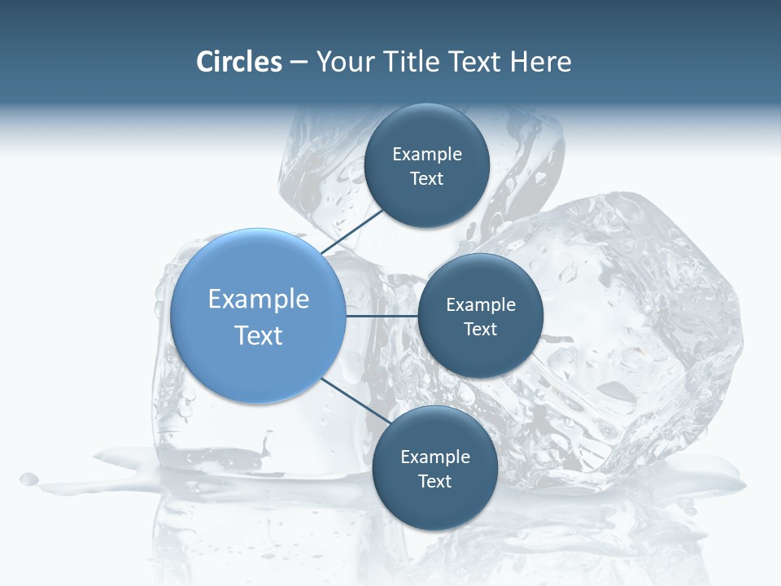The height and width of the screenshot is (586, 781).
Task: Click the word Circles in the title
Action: [239, 62]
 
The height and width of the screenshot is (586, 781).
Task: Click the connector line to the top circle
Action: [351, 230]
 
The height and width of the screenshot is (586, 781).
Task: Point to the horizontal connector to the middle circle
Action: [382, 316]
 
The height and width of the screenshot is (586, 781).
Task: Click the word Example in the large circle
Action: [259, 300]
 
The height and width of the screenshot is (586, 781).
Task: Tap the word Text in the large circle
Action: [259, 335]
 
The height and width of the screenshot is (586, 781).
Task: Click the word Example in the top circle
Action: [427, 155]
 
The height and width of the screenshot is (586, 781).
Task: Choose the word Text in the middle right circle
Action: [480, 330]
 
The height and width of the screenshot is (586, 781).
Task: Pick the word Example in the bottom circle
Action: [435, 457]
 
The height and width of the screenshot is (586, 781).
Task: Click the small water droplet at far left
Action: [29, 479]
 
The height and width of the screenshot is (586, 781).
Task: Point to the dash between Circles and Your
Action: [299, 63]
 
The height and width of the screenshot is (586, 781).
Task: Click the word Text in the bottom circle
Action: [434, 482]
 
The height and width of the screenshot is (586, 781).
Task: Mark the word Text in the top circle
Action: [426, 179]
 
